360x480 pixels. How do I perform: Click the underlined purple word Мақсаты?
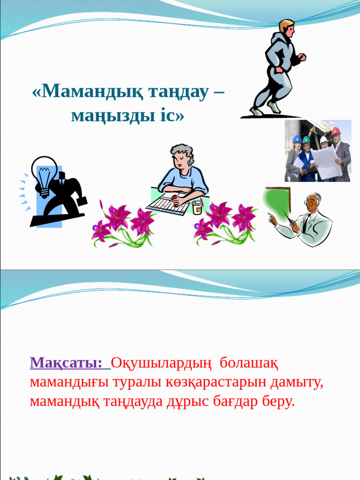(66, 362)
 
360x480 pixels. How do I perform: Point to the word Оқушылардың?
(161, 362)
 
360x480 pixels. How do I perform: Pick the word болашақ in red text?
(249, 362)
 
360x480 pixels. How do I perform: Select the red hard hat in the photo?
(336, 131)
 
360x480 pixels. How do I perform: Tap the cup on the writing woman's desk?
(196, 207)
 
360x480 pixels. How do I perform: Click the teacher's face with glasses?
(313, 202)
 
